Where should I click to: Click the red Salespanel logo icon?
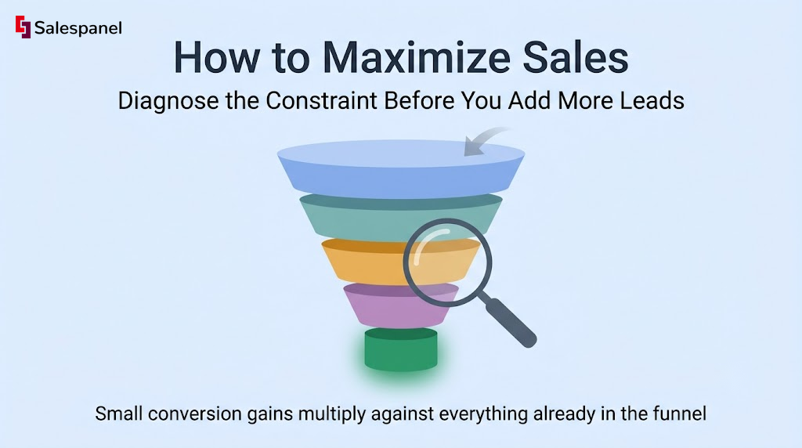[23, 27]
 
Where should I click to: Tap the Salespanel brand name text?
[78, 28]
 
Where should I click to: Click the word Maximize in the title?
[417, 57]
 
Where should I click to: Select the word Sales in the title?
[576, 57]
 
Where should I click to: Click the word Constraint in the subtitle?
[321, 100]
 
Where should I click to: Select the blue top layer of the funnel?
[401, 168]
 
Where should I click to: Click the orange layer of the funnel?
[363, 262]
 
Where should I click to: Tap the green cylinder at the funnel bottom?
[401, 349]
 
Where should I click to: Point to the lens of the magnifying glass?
[447, 262]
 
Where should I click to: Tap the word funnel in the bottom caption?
[680, 414]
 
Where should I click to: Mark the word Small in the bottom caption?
[119, 414]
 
